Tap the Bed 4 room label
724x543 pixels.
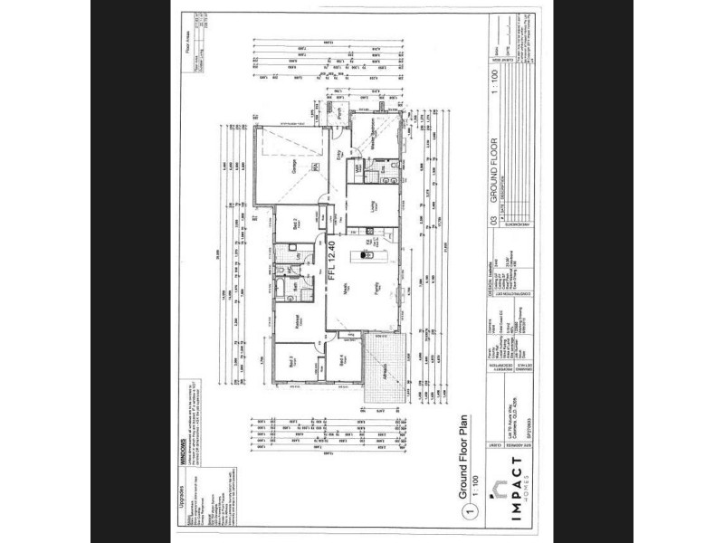[339, 359]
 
